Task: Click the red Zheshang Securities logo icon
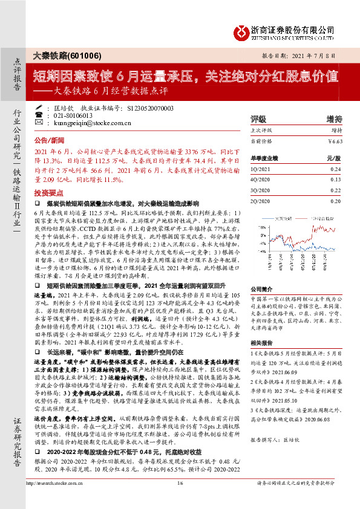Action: tap(242, 32)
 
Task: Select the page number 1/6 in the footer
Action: tap(180, 499)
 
